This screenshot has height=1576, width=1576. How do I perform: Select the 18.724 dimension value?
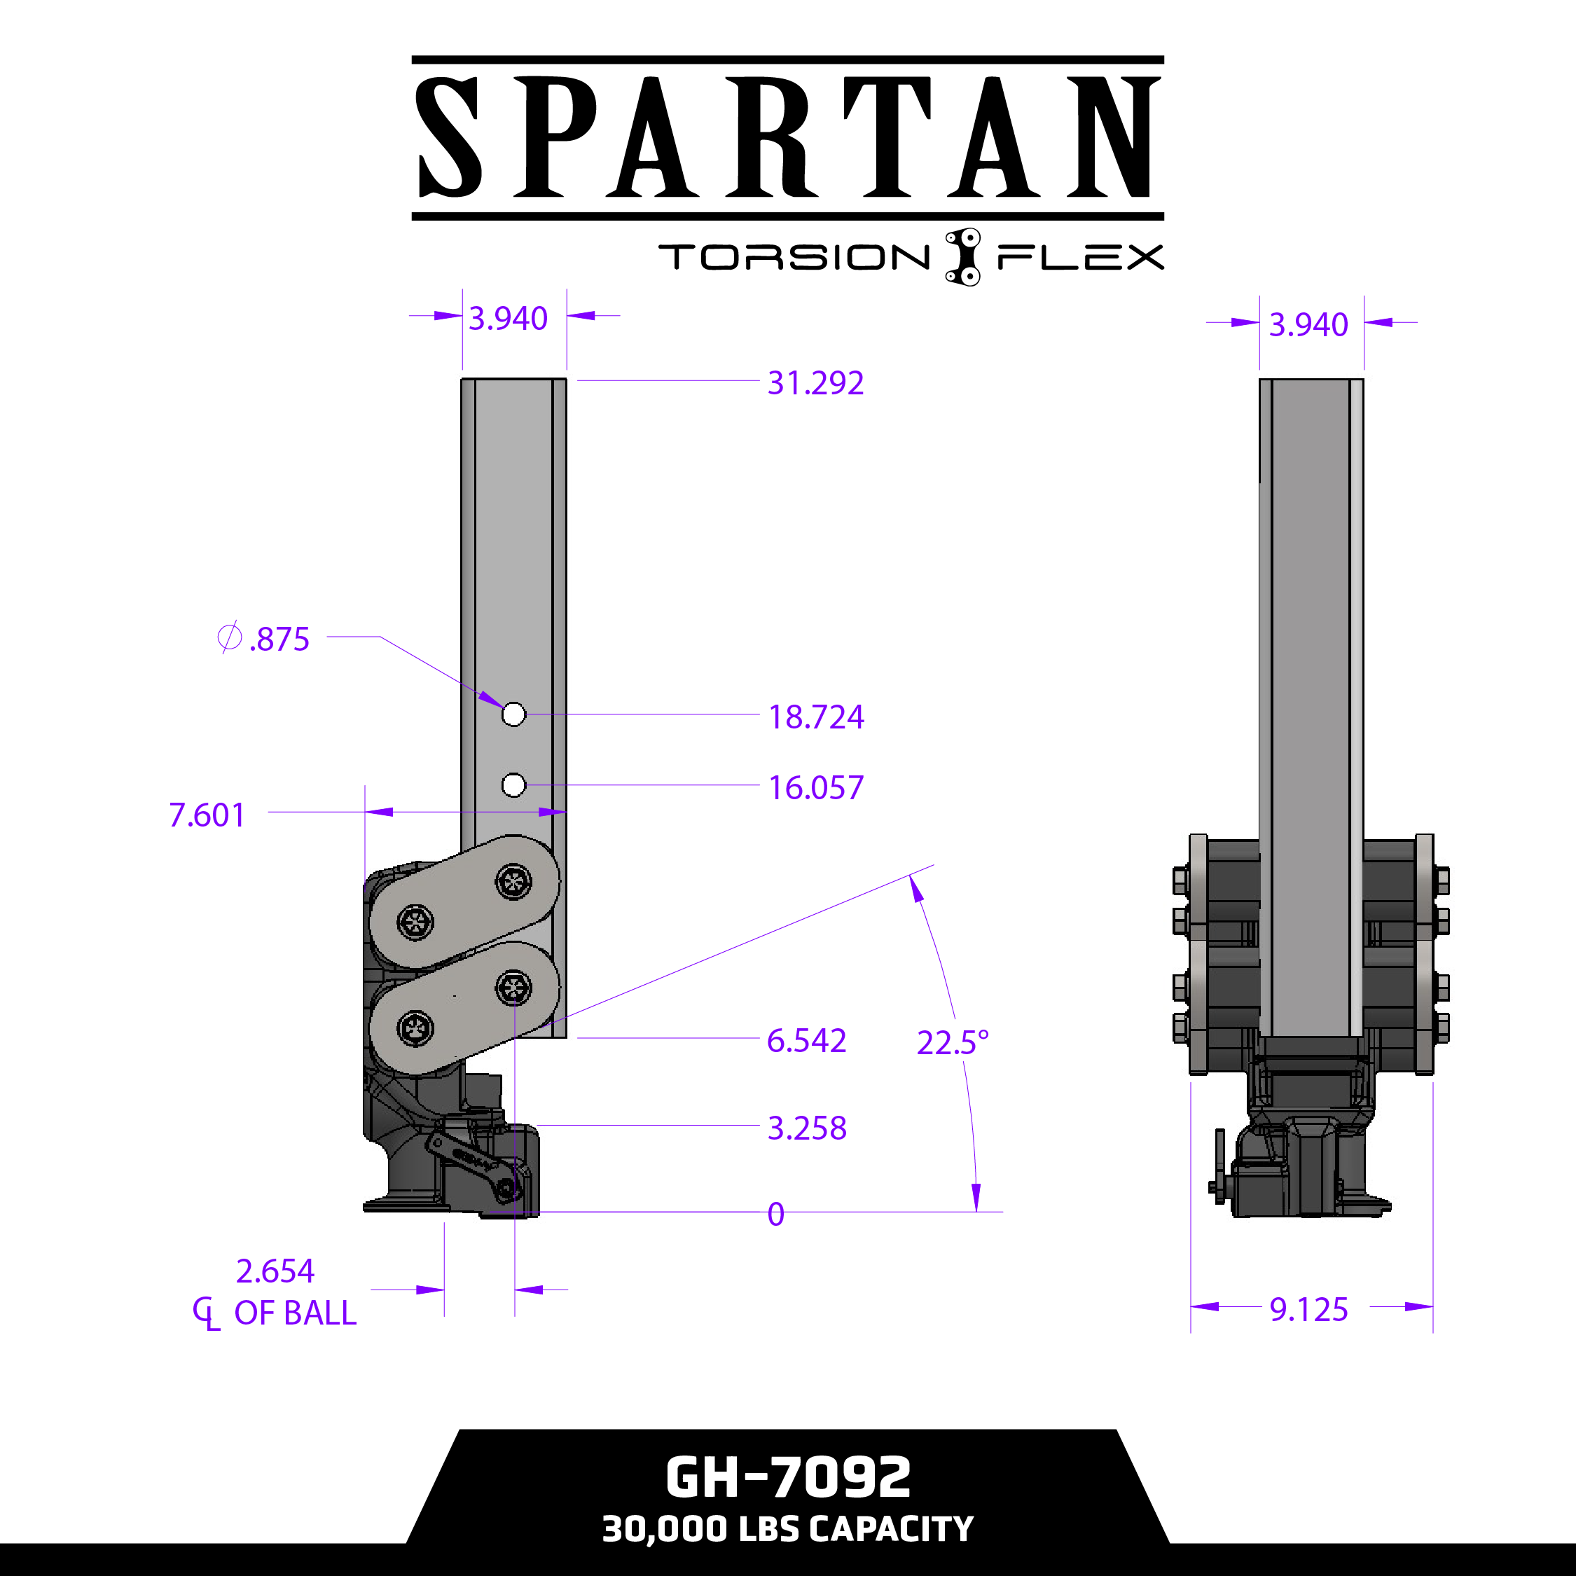click(x=816, y=717)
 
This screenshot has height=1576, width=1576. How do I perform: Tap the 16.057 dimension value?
click(x=816, y=788)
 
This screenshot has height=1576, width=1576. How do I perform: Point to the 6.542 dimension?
click(x=806, y=1041)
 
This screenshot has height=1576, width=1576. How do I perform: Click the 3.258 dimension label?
click(x=807, y=1128)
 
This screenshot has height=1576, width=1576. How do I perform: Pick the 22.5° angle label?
click(x=952, y=1042)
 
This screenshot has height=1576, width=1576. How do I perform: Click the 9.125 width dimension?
click(x=1308, y=1309)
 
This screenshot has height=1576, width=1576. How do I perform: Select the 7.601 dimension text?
click(x=207, y=815)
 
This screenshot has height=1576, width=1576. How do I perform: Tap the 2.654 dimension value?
click(x=275, y=1271)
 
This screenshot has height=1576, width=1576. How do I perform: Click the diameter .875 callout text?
click(x=263, y=639)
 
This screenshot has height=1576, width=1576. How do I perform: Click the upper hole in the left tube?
click(x=513, y=714)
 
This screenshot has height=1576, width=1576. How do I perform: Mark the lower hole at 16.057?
click(x=513, y=786)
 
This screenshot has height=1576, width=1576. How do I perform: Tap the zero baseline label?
click(x=776, y=1215)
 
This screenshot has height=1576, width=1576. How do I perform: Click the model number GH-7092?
click(x=788, y=1477)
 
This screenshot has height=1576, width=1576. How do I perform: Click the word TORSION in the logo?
click(x=794, y=257)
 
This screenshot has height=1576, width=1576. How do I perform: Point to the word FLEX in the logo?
click(x=1080, y=257)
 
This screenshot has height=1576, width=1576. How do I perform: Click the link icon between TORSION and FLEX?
click(x=962, y=256)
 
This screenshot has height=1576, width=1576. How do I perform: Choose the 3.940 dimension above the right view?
click(x=1308, y=325)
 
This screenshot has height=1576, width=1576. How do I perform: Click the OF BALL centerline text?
click(x=294, y=1313)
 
